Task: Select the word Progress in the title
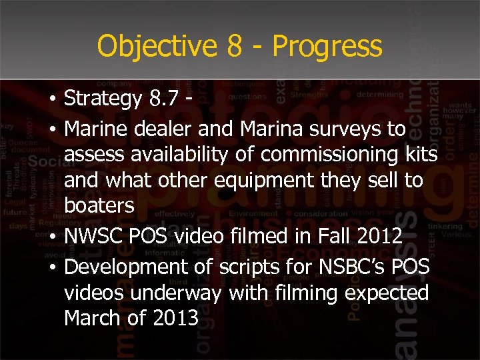(x=327, y=47)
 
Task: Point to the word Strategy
(x=103, y=99)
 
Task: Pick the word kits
(x=421, y=154)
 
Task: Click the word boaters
(x=99, y=206)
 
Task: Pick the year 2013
(x=175, y=319)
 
